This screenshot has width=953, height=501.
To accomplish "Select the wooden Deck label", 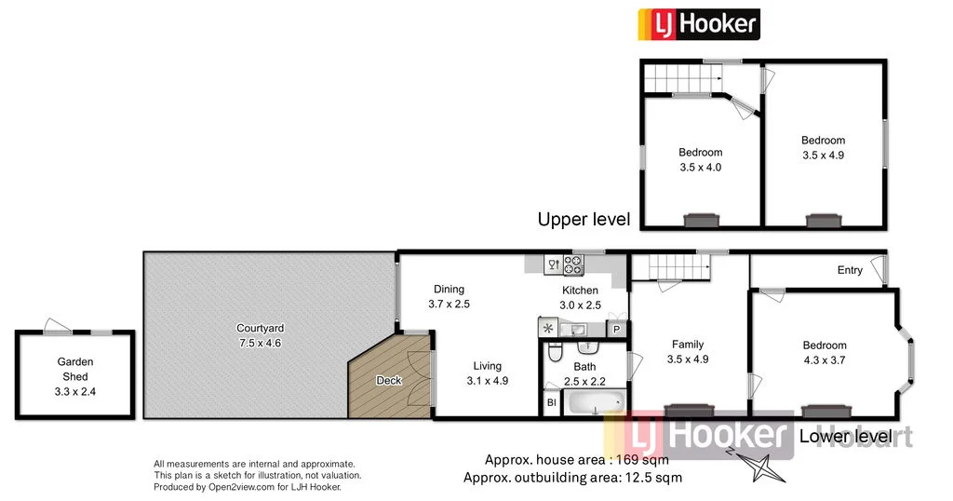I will point(388,380).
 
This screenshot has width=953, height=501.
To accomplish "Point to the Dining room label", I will point(447,289).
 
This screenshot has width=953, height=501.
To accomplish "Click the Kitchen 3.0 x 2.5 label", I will point(580,297).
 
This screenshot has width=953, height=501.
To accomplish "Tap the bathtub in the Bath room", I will point(594,404).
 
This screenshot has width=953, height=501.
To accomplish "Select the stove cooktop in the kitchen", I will point(572,265).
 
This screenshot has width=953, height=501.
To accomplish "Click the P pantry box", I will point(616,329).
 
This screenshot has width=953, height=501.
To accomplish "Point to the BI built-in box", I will point(551,403).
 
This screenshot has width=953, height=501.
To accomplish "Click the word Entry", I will point(850,270).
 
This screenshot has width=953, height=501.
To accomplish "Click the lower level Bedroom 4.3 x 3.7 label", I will point(825,352).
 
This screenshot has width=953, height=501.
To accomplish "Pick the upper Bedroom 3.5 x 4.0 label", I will point(700,159).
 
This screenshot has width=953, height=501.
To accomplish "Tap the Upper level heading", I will point(584,220).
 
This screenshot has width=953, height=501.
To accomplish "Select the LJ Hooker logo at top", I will point(697,23).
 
